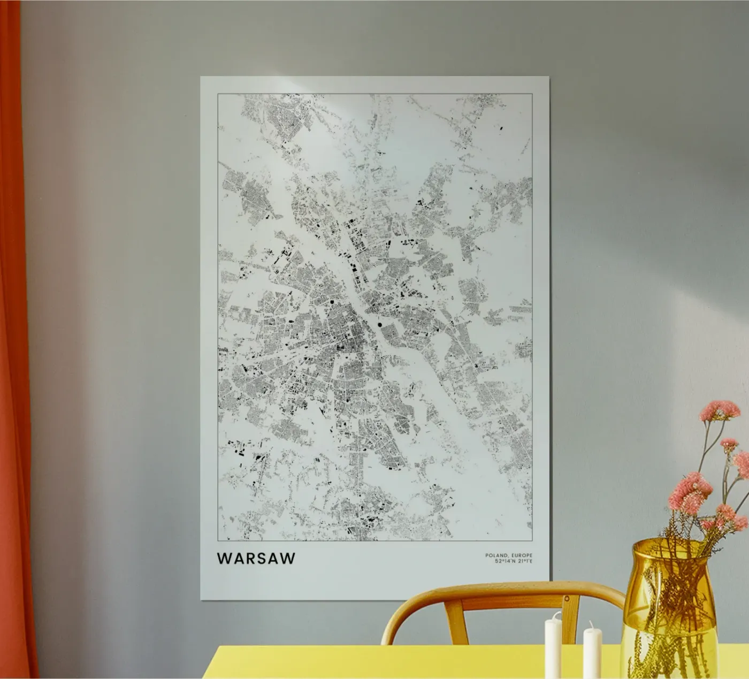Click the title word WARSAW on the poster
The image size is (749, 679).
tap(256, 558)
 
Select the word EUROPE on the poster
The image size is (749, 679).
tap(522, 555)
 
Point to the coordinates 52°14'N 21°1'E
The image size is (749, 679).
tap(509, 561)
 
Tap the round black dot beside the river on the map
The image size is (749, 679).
tap(379, 324)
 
